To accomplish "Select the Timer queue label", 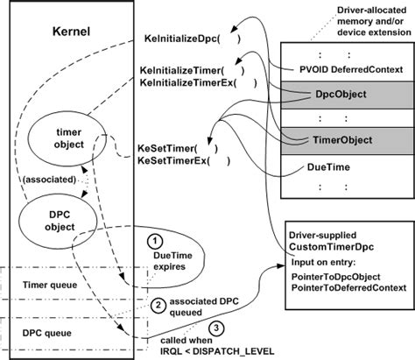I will coord(52,285).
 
